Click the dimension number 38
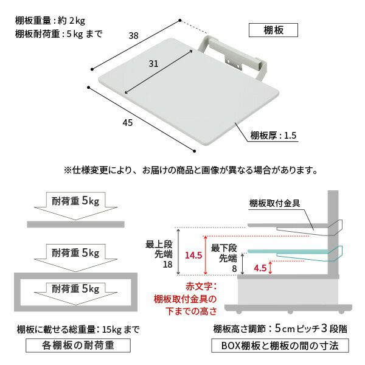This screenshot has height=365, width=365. pyautogui.click(x=134, y=36)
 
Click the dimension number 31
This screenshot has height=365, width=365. pyautogui.click(x=153, y=63)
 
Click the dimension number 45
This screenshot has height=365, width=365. pyautogui.click(x=128, y=123)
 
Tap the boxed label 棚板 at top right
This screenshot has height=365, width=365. pyautogui.click(x=273, y=30)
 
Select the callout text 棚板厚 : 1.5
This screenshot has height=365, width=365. pyautogui.click(x=273, y=135)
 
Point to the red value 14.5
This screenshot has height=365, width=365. pyautogui.click(x=193, y=255)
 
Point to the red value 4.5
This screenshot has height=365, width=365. pyautogui.click(x=260, y=268)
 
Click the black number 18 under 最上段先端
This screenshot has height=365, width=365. pyautogui.click(x=168, y=265)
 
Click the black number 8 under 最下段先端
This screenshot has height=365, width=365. pyautogui.click(x=234, y=269)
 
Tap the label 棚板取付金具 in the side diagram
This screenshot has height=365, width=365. pyautogui.click(x=275, y=203)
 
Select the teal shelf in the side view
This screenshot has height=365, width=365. pyautogui.click(x=288, y=251)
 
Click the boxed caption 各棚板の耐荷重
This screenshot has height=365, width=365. pyautogui.click(x=78, y=346)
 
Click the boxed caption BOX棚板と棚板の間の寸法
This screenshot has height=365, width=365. pyautogui.click(x=280, y=346)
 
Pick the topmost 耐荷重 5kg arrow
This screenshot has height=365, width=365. pyautogui.click(x=75, y=206)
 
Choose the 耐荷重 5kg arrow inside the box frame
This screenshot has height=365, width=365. pyautogui.click(x=75, y=293)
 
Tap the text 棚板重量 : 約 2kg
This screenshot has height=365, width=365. pyautogui.click(x=50, y=21)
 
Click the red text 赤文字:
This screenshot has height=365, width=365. pyautogui.click(x=201, y=287)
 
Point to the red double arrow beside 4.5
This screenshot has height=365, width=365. pyautogui.click(x=270, y=268)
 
